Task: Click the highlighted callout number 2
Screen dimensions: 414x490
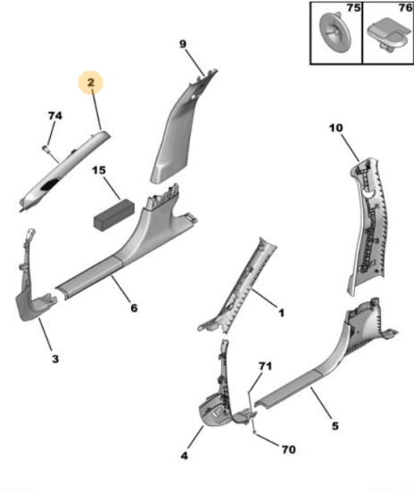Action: coord(91,83)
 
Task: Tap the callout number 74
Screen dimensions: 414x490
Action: coord(55,116)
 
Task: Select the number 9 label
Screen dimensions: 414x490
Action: coord(183,44)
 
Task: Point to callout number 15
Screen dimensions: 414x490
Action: coord(99,170)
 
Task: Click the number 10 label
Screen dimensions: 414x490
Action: coord(336,127)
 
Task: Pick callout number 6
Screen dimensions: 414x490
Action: coord(134,308)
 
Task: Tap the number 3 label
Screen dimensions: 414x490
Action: coord(55,359)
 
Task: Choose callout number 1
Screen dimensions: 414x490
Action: coord(281,313)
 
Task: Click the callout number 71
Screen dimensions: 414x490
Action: coord(265,366)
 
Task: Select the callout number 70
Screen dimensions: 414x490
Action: coord(288,449)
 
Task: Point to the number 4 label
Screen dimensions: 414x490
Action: coord(185,455)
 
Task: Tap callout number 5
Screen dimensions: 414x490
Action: coord(335,426)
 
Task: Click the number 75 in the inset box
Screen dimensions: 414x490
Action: coord(353,7)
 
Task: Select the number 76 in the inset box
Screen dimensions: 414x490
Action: coord(406,7)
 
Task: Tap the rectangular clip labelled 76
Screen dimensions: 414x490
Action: coord(389,36)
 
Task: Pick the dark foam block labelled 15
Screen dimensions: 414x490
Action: coord(114,216)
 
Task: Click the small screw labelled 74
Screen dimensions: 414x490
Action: coord(46,149)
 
